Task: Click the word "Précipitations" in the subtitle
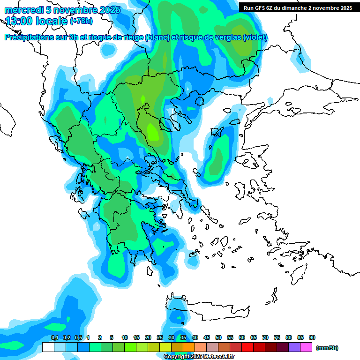tap(29, 37)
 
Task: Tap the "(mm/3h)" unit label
tap(327, 348)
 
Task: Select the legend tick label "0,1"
tap(54, 337)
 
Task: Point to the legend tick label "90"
tap(312, 337)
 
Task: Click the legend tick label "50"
tap(218, 337)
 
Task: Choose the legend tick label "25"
tap(160, 337)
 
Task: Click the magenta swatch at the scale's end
tap(306, 347)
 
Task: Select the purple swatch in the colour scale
tap(294, 347)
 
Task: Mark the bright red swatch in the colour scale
tap(247, 347)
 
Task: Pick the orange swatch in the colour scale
tap(189, 347)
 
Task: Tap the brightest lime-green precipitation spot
tap(152, 131)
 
